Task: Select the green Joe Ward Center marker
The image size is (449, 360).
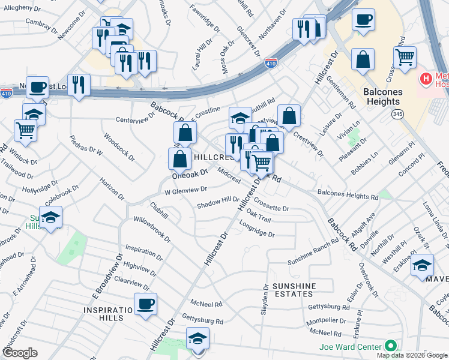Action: (x=391, y=346)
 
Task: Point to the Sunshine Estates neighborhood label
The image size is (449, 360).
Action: (x=292, y=289)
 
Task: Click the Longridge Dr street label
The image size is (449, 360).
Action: (x=257, y=230)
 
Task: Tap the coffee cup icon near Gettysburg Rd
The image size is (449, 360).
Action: (x=145, y=304)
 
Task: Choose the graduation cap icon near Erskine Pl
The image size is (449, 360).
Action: (x=423, y=265)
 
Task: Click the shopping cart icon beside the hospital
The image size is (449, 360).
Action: (x=405, y=58)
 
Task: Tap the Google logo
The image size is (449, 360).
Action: (x=19, y=352)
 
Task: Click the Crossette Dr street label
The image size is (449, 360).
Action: (x=271, y=205)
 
